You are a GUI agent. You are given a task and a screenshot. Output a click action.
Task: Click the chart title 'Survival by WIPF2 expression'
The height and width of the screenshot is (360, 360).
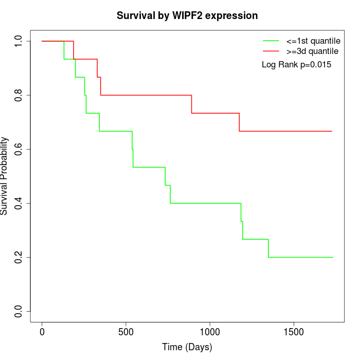pos(187,15)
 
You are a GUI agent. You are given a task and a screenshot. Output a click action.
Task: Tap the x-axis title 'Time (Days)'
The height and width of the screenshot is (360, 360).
pos(187,347)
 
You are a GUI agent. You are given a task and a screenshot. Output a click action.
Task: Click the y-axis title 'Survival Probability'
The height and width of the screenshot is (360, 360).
pos(5,176)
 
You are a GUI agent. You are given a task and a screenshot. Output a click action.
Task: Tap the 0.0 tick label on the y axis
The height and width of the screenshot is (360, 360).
pos(19,311)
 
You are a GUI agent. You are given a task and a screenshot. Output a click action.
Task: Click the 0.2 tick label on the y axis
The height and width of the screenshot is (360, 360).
pos(19,257)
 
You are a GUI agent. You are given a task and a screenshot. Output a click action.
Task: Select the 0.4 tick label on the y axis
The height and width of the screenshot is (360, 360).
pos(19,203)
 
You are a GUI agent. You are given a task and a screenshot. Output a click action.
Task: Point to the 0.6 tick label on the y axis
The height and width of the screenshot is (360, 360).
pos(19,149)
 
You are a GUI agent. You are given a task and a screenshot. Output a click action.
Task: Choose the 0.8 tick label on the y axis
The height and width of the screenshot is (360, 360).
pos(19,95)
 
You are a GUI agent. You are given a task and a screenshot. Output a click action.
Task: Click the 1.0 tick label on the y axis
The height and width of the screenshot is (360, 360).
pos(19,41)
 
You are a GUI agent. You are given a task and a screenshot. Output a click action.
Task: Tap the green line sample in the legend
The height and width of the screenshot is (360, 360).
pos(271,41)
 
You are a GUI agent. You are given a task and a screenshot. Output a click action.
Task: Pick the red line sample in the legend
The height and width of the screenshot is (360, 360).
pos(271,51)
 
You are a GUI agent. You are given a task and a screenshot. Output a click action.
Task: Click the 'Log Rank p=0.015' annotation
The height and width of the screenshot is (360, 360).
pos(296,64)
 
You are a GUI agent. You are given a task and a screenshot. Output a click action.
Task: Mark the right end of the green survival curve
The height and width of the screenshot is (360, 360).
pos(332,257)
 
